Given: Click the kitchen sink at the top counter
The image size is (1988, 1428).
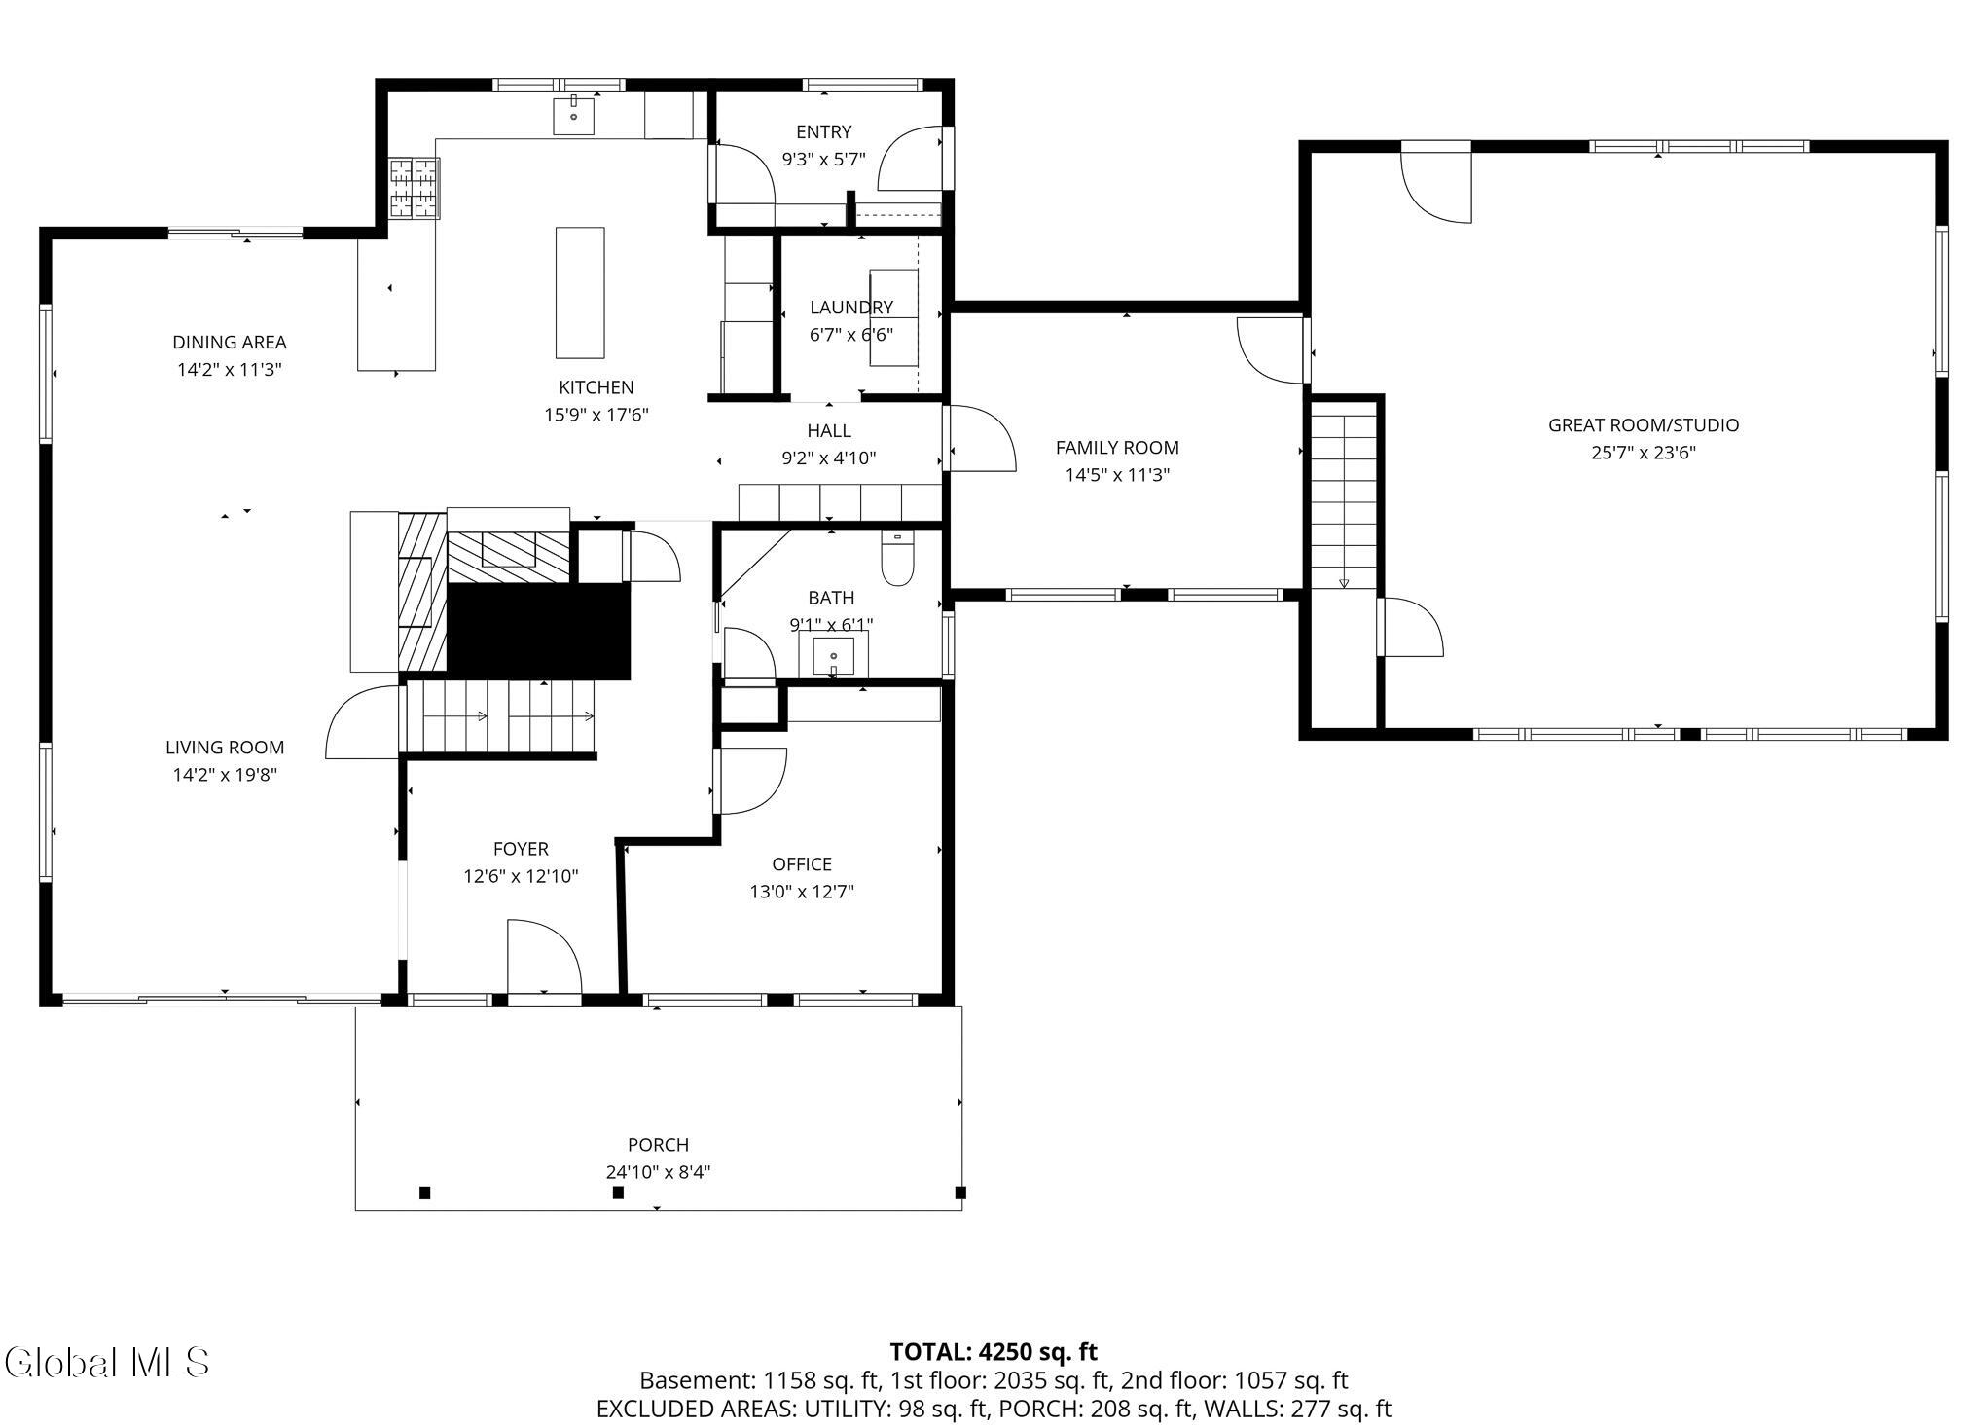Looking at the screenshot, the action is pos(574,116).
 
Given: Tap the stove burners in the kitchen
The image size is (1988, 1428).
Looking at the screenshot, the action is pos(415,187).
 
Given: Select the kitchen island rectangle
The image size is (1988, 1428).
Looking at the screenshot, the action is pos(580,293).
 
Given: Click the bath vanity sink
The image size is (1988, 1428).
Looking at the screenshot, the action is pos(834,656).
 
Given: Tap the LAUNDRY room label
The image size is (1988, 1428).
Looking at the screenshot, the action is pos(851,308).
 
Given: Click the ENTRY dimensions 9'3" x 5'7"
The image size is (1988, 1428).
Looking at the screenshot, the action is pos(823,160).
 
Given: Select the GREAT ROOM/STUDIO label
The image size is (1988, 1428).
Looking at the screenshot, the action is pos(1644,425).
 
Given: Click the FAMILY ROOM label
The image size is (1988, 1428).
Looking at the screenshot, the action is pos(1117,448).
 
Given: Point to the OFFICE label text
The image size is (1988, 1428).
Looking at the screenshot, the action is pos(802,864).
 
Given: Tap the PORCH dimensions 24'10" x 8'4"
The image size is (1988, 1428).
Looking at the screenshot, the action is pos(659,1172).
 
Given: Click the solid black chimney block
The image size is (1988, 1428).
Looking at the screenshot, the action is pos(538,631).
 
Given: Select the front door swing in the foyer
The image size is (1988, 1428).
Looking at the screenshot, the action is pos(544,955).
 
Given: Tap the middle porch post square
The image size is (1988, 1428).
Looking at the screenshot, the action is pos(618,1192).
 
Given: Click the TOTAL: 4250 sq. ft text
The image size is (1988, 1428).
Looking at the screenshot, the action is pos(994,1352).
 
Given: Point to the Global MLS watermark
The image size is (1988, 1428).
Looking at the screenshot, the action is pos(107,1362).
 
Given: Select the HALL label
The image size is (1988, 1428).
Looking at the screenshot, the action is pos(829,431).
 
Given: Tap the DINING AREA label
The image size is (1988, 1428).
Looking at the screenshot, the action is pos(230,343).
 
